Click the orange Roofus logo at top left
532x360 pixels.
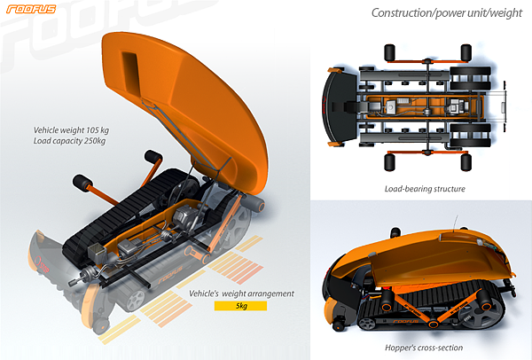pyautogui.click(x=31, y=9)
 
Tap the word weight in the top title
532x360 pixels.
pyautogui.click(x=505, y=13)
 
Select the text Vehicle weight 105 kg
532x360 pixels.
pyautogui.click(x=71, y=130)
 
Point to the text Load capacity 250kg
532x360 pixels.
pyautogui.click(x=69, y=141)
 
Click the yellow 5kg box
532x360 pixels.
pyautogui.click(x=240, y=306)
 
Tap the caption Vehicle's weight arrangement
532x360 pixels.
pyautogui.click(x=241, y=293)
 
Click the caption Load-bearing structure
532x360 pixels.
pyautogui.click(x=425, y=189)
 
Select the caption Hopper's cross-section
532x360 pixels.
pyautogui.click(x=424, y=348)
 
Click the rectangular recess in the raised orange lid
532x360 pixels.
pyautogui.click(x=130, y=74)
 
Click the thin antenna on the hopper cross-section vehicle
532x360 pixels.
pyautogui.click(x=456, y=223)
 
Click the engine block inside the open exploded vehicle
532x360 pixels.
pyautogui.click(x=184, y=215)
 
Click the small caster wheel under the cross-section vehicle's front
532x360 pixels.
pyautogui.click(x=338, y=325)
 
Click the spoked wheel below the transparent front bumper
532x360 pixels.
pyautogui.click(x=135, y=301)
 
